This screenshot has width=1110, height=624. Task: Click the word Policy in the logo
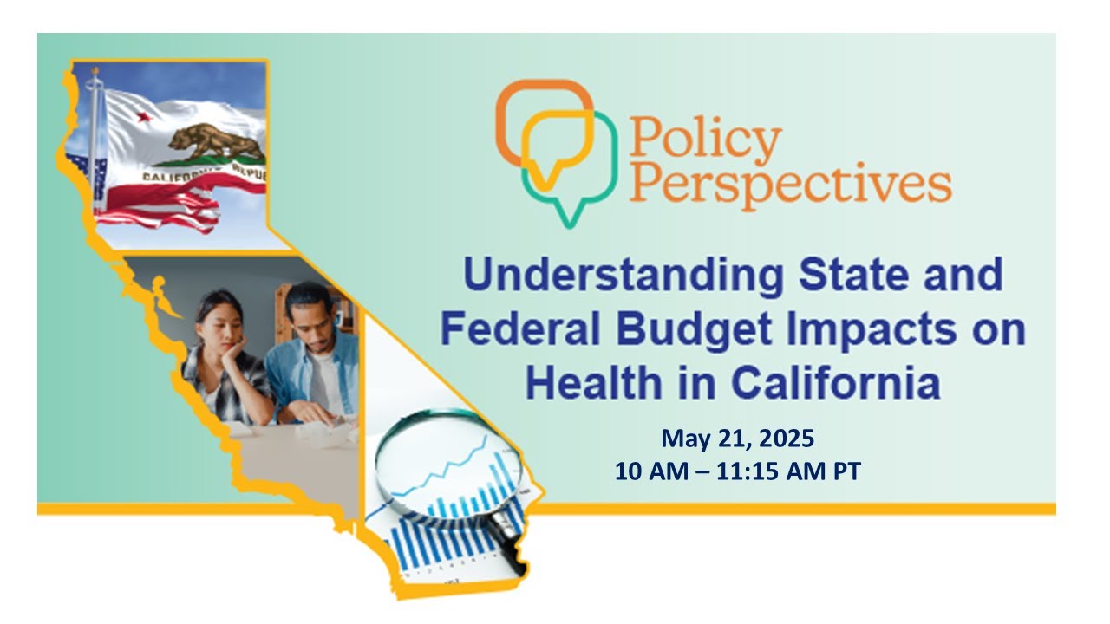click(x=704, y=139)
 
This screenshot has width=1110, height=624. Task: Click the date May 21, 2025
click(x=737, y=439)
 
